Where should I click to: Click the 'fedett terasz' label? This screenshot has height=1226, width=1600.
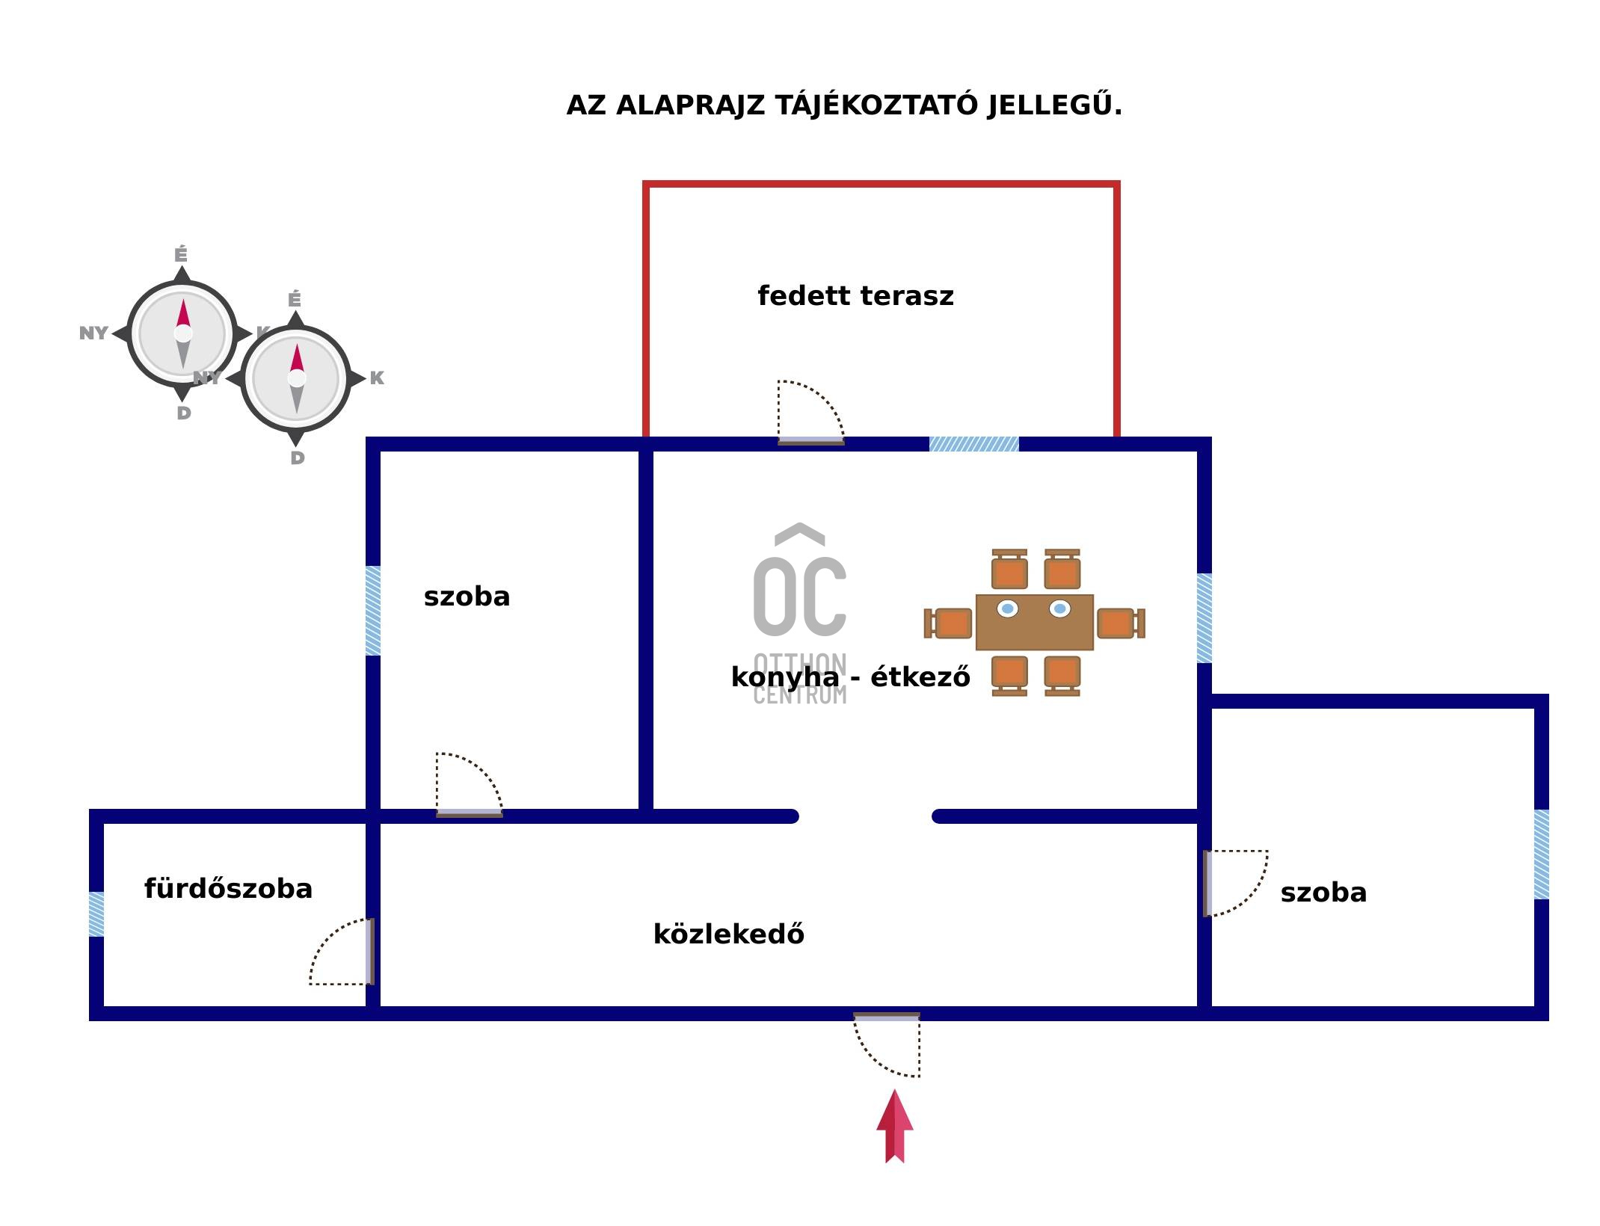pyautogui.click(x=855, y=296)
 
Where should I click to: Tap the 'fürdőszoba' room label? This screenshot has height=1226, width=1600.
pyautogui.click(x=228, y=889)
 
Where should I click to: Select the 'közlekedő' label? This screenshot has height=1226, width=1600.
pyautogui.click(x=728, y=934)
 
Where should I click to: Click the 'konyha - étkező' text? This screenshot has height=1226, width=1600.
pyautogui.click(x=850, y=677)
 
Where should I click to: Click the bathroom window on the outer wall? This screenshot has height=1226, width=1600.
pyautogui.click(x=96, y=914)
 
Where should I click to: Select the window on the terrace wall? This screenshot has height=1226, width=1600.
pyautogui.click(x=973, y=444)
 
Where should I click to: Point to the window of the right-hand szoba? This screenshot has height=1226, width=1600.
pyautogui.click(x=1541, y=854)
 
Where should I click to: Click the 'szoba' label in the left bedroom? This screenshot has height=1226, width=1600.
pyautogui.click(x=467, y=597)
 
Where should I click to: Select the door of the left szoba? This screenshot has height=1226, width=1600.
pyautogui.click(x=469, y=785)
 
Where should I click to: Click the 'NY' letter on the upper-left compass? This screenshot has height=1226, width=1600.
pyautogui.click(x=93, y=333)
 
